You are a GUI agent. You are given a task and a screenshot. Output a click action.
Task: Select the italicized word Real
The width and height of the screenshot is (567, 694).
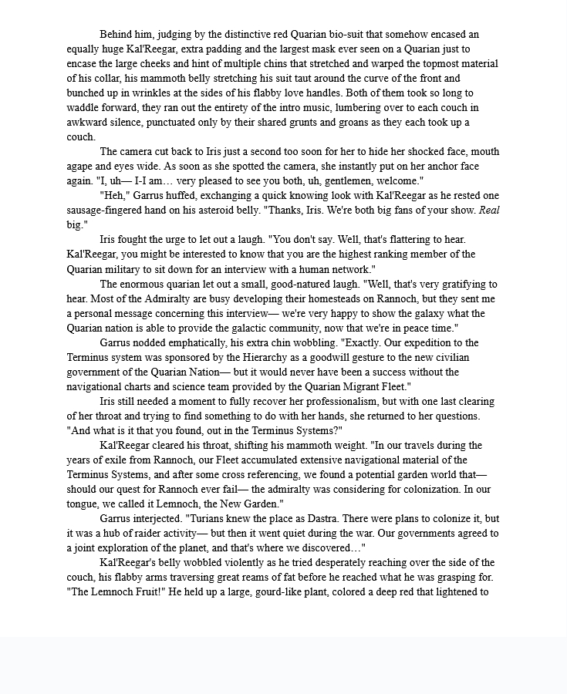(x=484, y=211)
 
